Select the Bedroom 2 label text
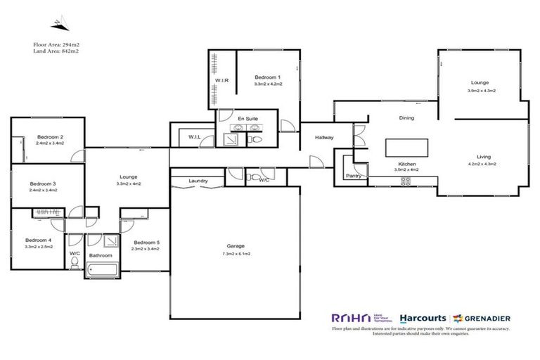pyautogui.click(x=50, y=137)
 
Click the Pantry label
pyautogui.click(x=354, y=176)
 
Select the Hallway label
pyautogui.click(x=323, y=138)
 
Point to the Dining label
pyautogui.click(x=406, y=118)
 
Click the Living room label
pyautogui.click(x=483, y=157)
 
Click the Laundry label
pyautogui.click(x=198, y=181)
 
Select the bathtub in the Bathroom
pyautogui.click(x=104, y=268)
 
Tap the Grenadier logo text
pyautogui.click(x=485, y=317)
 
